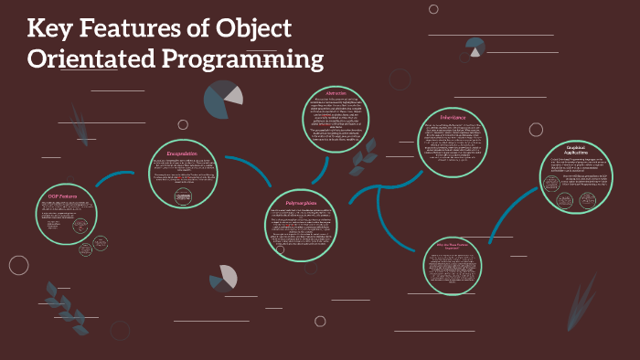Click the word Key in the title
49,28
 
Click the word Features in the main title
137,28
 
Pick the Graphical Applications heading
573,150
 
